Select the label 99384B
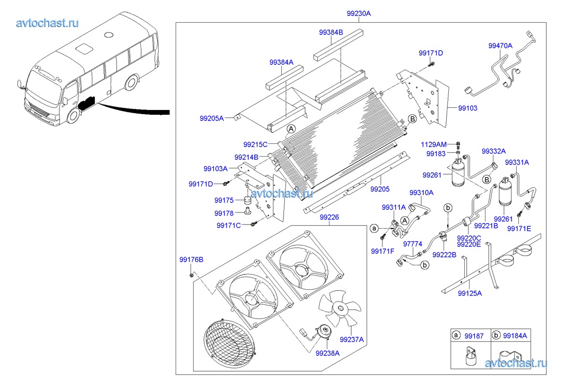[x=331, y=32]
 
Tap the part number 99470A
[x=500, y=46]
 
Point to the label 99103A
[x=215, y=169]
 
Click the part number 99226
[x=329, y=217]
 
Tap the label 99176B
[x=192, y=260]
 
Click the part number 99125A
[x=470, y=293]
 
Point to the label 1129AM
[x=433, y=144]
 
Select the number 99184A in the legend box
[x=515, y=336]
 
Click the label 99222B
[x=444, y=255]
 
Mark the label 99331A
[x=517, y=162]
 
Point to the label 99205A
[x=212, y=118]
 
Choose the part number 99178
[x=224, y=213]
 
